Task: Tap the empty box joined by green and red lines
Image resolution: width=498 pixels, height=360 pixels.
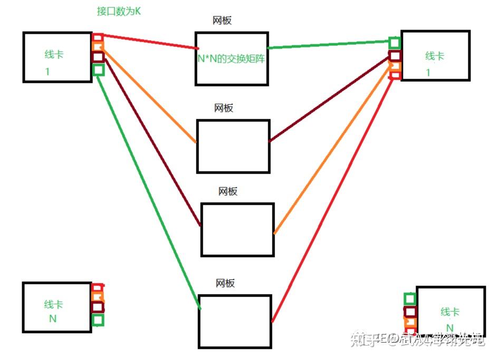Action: coord(235,321)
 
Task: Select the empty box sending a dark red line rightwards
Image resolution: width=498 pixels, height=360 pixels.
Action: coord(233,146)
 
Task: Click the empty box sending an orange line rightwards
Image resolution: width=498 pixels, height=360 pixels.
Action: coord(237,229)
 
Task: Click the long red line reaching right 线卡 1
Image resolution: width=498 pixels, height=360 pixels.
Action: coord(332,200)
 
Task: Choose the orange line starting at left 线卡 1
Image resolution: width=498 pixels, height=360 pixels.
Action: coord(148,95)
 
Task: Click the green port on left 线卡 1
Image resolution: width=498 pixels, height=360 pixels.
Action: coord(98,70)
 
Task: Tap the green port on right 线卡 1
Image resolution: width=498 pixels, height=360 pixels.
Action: coord(395,43)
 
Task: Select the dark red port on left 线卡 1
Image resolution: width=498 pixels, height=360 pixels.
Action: coord(98,57)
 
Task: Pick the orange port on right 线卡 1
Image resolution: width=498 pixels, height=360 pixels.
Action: coord(395,66)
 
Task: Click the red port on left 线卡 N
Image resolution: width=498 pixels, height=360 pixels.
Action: coord(98,287)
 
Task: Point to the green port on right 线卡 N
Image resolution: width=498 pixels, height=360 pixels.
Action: coord(409,299)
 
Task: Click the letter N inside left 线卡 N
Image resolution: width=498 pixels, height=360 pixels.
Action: coord(53,318)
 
